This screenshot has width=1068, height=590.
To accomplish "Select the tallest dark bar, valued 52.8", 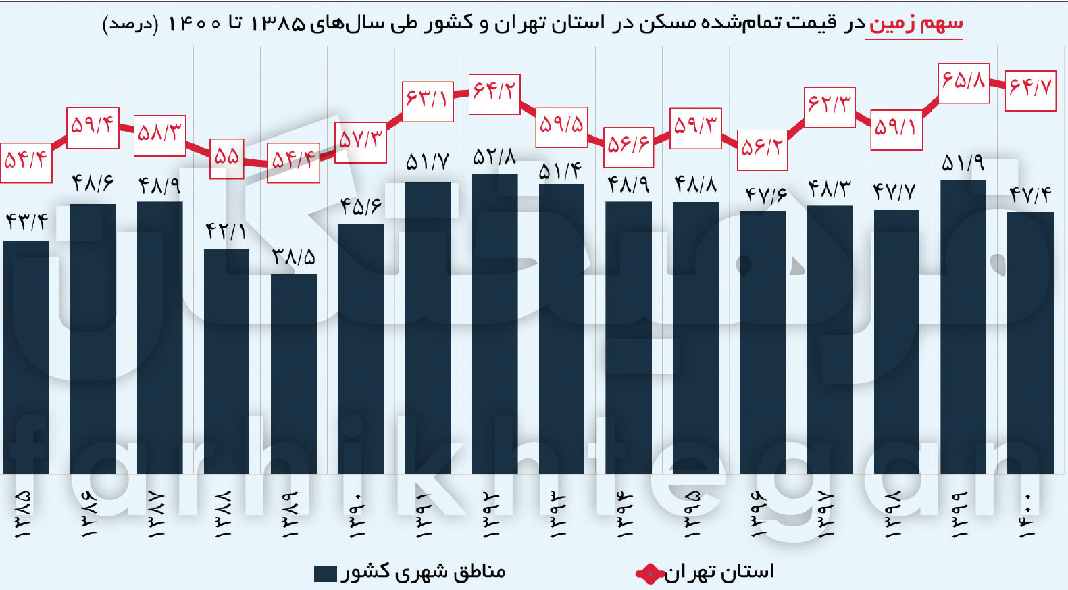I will click(494, 324).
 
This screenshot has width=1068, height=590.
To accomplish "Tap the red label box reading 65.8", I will click(964, 83).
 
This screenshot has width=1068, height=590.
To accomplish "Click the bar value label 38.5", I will click(294, 257).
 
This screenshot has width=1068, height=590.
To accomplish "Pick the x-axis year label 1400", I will click(1027, 515).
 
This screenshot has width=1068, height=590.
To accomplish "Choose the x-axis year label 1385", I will click(23, 515).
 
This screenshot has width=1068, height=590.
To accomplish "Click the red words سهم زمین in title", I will click(914, 24).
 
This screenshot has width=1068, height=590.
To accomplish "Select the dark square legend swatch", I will click(326, 574).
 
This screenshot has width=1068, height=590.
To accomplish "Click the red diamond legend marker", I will click(649, 574).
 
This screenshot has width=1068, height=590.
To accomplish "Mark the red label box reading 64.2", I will click(494, 93).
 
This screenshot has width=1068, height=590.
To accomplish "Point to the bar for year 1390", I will click(361, 349).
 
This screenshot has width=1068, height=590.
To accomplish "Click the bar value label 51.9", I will click(963, 164).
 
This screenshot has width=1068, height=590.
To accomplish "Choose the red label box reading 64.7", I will click(1030, 90).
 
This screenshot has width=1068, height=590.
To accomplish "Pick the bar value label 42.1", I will click(226, 232).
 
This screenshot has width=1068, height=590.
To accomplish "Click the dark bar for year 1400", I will click(1030, 343).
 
